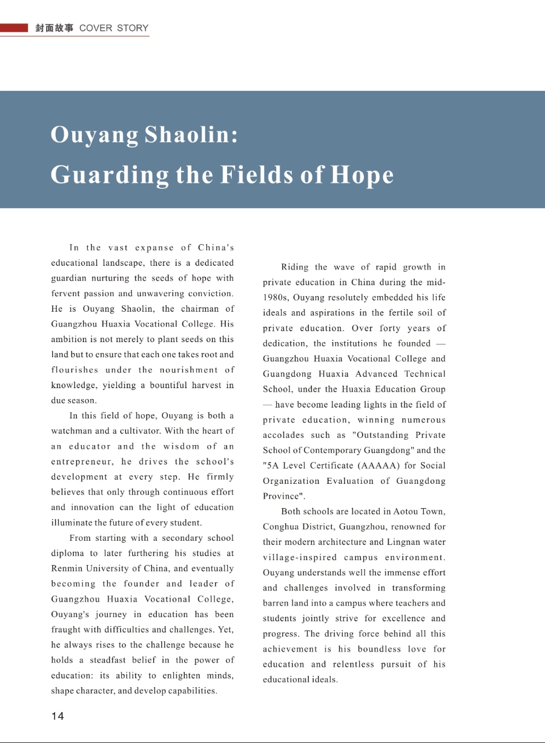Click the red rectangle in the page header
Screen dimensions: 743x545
coord(14,28)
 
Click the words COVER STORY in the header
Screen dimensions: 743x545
coord(114,28)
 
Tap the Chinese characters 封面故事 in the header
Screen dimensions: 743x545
coord(54,28)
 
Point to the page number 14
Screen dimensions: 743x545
coord(58,716)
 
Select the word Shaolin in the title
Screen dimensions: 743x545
coord(191,135)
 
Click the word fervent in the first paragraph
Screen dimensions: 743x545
coord(68,294)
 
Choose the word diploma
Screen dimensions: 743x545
coord(68,553)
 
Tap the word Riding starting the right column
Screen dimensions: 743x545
coord(295,267)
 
